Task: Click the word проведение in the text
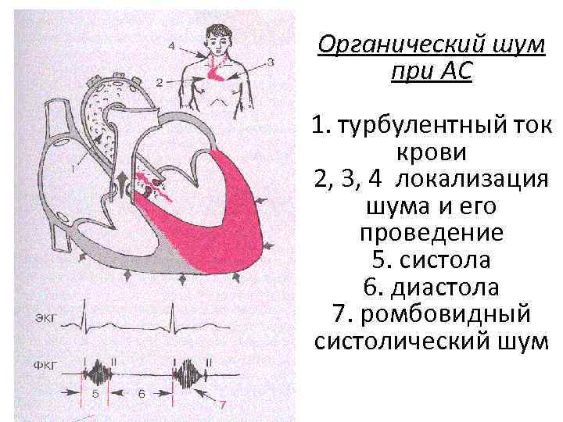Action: (x=432, y=233)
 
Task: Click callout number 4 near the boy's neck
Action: (x=172, y=45)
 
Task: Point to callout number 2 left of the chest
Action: (x=159, y=81)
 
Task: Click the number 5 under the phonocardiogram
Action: (x=95, y=395)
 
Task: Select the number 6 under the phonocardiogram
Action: (x=142, y=395)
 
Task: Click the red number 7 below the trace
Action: (x=222, y=405)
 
